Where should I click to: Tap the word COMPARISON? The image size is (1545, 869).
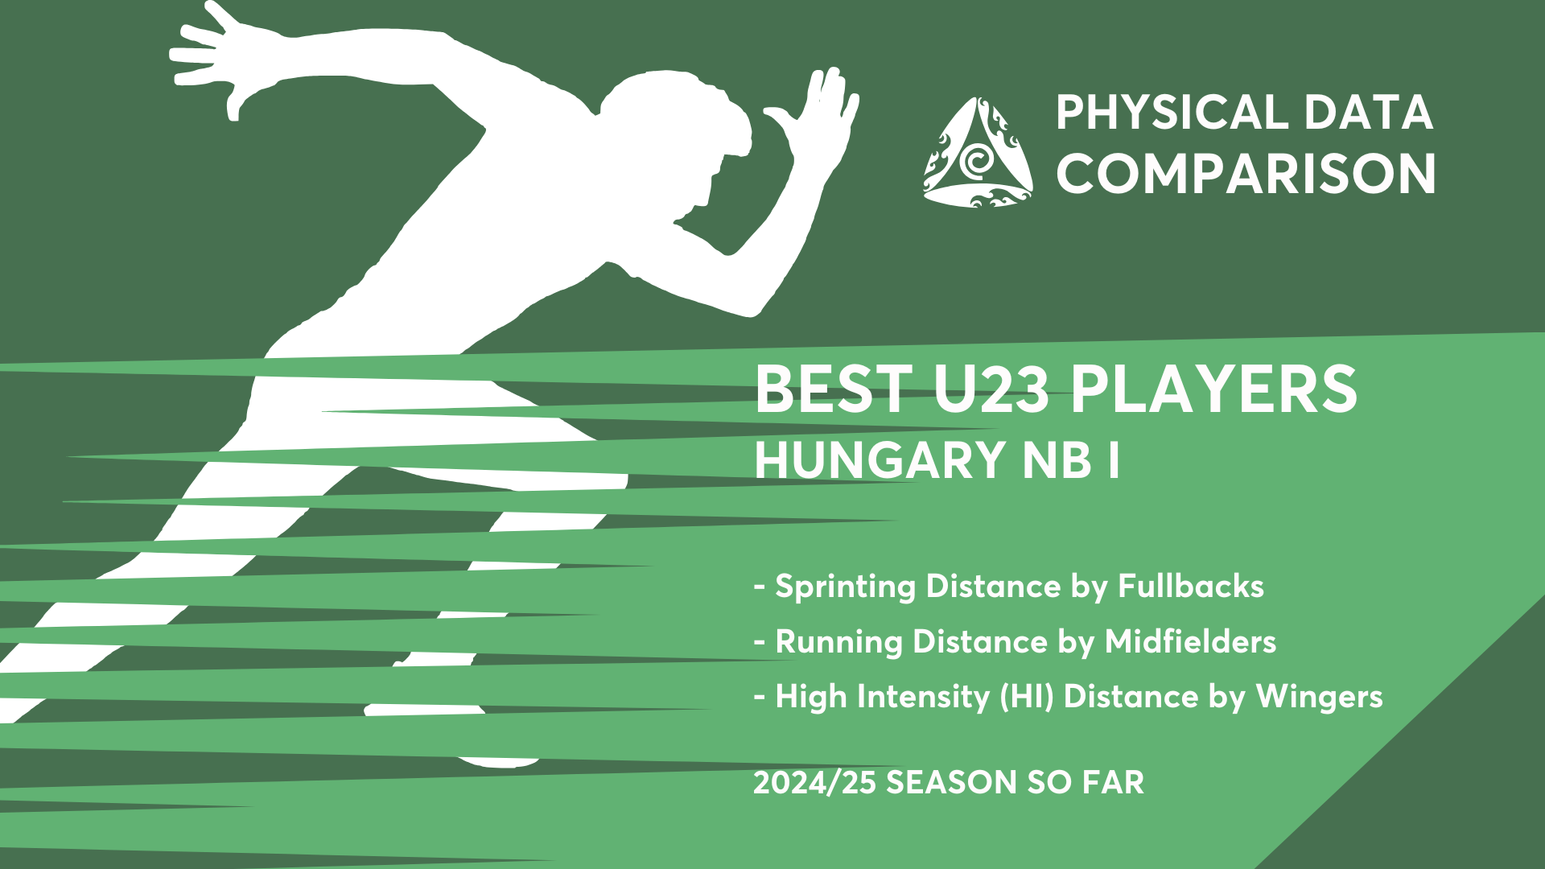click(1246, 174)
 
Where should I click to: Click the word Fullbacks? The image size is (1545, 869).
click(1191, 586)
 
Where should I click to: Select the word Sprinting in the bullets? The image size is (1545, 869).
click(845, 587)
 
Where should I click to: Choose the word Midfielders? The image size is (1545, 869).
click(1190, 641)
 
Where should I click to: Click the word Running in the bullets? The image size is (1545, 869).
click(838, 643)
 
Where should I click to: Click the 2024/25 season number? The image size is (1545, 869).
click(814, 782)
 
